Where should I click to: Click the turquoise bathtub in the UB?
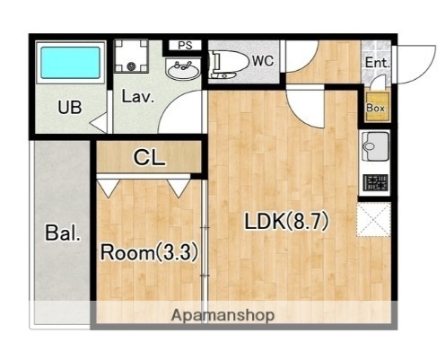click(70, 63)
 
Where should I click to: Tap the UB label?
click(70, 107)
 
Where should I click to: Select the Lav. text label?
click(138, 96)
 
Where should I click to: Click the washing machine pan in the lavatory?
click(131, 56)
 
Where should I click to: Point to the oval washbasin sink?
click(183, 70)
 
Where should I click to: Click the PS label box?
click(185, 46)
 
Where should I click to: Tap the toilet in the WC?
click(229, 64)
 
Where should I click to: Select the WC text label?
click(263, 61)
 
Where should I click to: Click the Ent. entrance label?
click(378, 63)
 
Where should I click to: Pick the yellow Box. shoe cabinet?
click(377, 107)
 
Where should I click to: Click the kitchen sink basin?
click(375, 146)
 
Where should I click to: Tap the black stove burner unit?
click(375, 183)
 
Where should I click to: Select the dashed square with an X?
click(374, 220)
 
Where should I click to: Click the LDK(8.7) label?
click(287, 222)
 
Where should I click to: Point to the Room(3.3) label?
click(149, 252)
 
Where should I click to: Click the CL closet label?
click(149, 157)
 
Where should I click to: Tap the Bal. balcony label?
click(63, 233)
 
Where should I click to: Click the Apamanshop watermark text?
click(222, 315)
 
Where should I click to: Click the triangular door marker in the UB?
click(100, 123)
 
